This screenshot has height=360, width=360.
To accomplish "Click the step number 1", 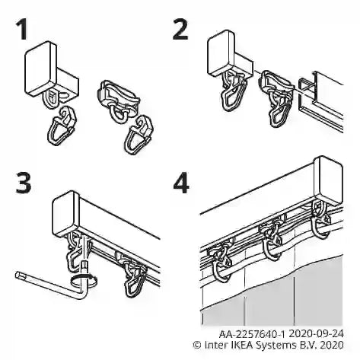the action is pyautogui.click(x=22, y=30).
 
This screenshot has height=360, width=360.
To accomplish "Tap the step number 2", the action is pyautogui.click(x=180, y=30).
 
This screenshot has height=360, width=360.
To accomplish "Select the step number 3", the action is pyautogui.click(x=24, y=183).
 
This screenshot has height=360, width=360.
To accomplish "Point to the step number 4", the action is pyautogui.click(x=181, y=183).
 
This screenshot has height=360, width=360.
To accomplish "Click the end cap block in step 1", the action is pyautogui.click(x=52, y=72).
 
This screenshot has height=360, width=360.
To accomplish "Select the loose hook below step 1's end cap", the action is pyautogui.click(x=62, y=126).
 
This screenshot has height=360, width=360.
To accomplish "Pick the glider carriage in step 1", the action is pyautogui.click(x=118, y=100).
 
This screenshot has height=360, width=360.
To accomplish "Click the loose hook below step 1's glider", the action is pyautogui.click(x=139, y=135).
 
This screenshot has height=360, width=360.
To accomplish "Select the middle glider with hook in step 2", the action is pyautogui.click(x=276, y=97).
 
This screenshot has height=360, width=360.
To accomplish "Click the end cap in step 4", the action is pyautogui.click(x=329, y=180).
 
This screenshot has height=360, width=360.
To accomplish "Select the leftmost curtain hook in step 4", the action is pyautogui.click(x=220, y=264).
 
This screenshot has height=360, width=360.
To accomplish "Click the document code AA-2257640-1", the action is pyautogui.click(x=252, y=334).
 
